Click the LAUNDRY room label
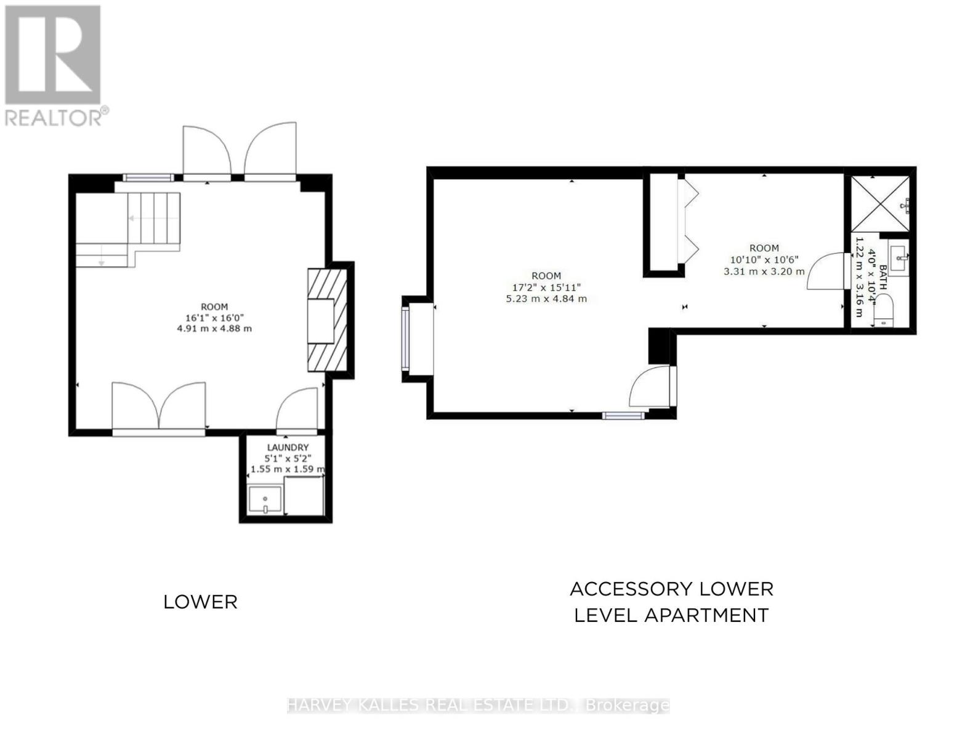point(288,447)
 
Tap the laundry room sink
point(265,499)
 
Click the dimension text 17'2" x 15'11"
point(546,287)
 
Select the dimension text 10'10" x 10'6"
point(764,259)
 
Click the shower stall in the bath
point(879,203)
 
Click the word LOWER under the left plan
point(200,602)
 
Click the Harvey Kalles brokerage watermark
point(478,705)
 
